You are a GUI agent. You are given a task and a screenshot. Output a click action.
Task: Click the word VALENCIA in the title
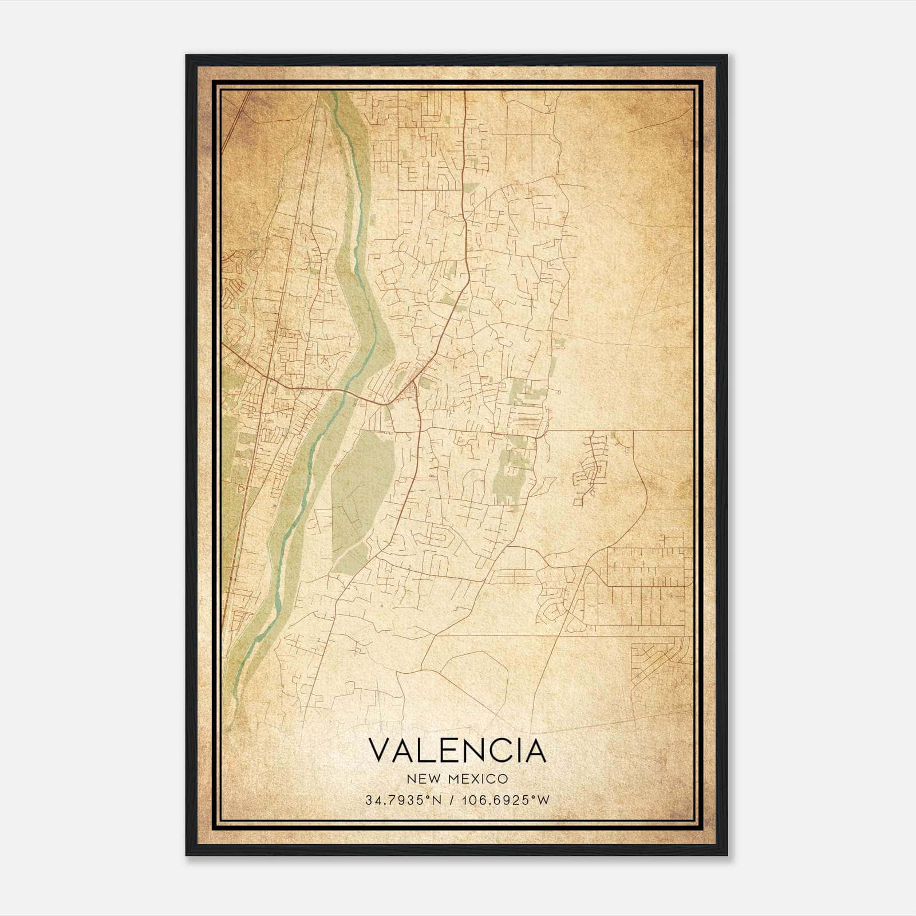(x=457, y=751)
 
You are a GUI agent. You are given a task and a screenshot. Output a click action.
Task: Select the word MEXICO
(x=479, y=779)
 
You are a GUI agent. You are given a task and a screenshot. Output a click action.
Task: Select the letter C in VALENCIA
(x=503, y=751)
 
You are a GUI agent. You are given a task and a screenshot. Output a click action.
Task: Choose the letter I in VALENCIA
(x=519, y=751)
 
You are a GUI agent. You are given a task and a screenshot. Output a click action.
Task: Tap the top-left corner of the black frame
(x=187, y=56)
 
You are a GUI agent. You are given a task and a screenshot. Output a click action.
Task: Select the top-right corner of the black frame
(x=727, y=56)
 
